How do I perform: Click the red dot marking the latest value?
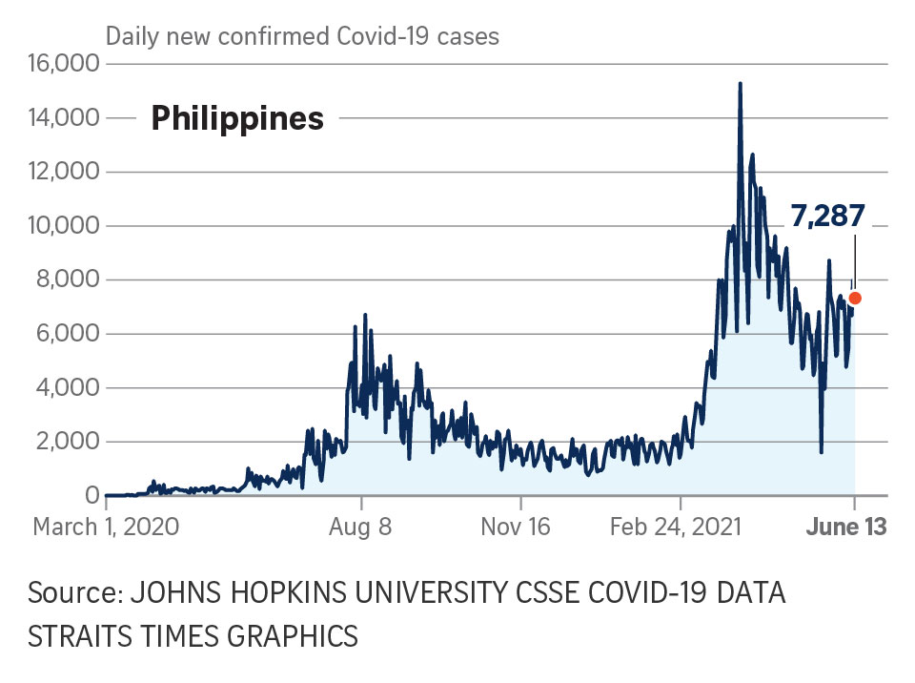point(855,298)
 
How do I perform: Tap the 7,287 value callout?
point(827,215)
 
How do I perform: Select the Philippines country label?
point(237,118)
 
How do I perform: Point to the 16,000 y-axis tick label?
point(66,64)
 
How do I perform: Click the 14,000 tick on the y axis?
point(66,118)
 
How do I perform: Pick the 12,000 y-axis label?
point(66,172)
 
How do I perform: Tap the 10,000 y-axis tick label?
point(66,226)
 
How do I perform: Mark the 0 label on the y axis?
point(92,495)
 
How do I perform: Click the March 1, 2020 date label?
point(106,527)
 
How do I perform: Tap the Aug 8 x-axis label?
point(359,527)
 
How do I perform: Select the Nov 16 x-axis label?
point(515,527)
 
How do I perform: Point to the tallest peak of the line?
point(740,85)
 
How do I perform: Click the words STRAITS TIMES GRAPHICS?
point(193,635)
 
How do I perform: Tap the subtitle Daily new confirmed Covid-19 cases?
point(302,37)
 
